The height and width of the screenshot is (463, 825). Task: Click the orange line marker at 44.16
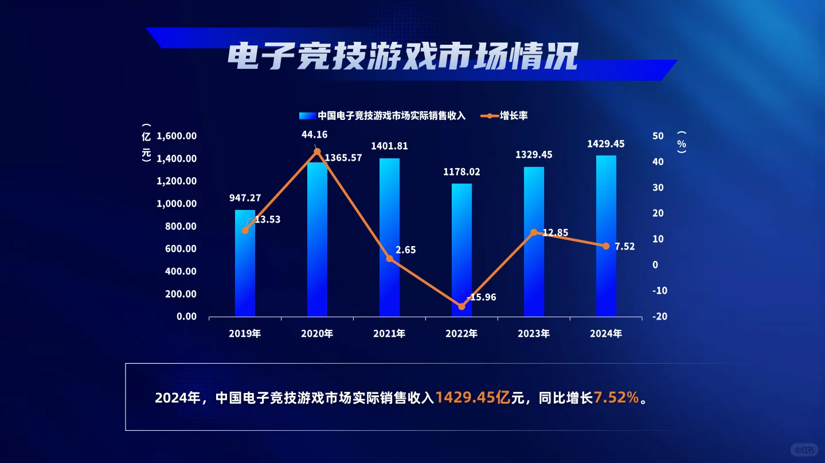pos(317,151)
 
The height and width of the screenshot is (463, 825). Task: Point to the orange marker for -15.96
pos(462,306)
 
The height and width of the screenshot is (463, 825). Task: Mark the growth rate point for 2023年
pos(534,232)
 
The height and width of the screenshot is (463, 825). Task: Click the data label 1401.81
pos(389,146)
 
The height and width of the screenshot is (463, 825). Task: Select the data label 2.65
pos(405,250)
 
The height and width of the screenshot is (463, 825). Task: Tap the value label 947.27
pos(245,198)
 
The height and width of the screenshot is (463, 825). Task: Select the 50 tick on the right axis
pos(658,136)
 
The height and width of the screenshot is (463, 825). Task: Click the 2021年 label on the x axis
pos(389,333)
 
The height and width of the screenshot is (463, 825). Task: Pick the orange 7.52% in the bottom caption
pos(616,398)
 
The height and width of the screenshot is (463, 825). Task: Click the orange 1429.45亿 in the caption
pos(473,398)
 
